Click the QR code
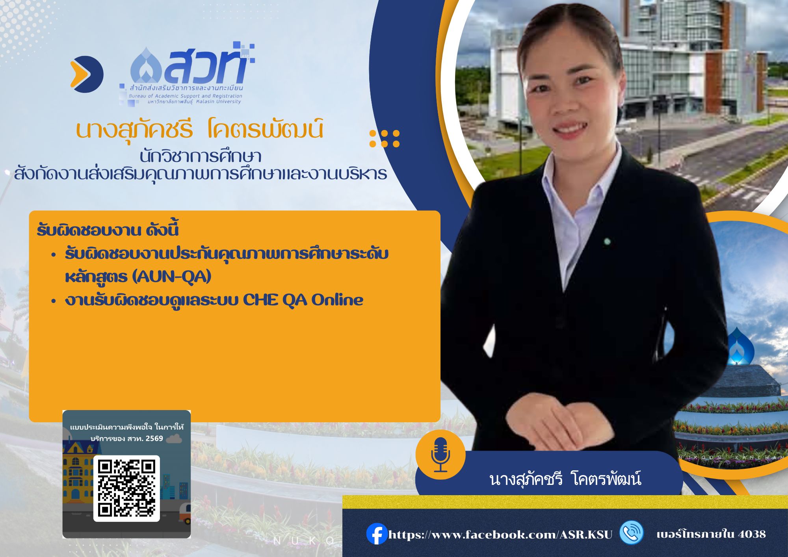click(x=126, y=488)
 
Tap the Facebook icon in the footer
click(x=377, y=534)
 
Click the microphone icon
click(x=440, y=455)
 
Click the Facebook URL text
click(x=500, y=535)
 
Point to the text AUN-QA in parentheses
click(x=172, y=277)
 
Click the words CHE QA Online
click(x=303, y=300)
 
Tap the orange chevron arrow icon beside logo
click(x=86, y=74)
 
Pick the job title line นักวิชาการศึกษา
click(x=201, y=156)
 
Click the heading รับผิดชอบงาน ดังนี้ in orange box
click(x=108, y=230)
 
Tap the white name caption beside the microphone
click(x=565, y=479)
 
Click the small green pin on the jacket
click(x=607, y=241)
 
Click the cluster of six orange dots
click(x=385, y=139)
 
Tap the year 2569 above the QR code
click(x=154, y=438)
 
